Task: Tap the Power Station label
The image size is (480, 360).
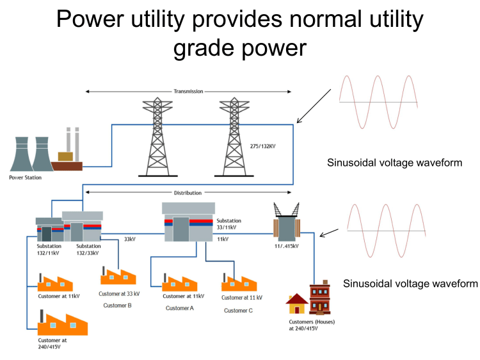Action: point(24,177)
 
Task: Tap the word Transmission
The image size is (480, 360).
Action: point(188,92)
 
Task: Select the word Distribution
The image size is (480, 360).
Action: point(188,192)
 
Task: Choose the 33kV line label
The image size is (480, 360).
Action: point(129,239)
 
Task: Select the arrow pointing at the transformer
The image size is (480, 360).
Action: point(329,232)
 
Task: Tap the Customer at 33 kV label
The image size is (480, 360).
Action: point(119,294)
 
